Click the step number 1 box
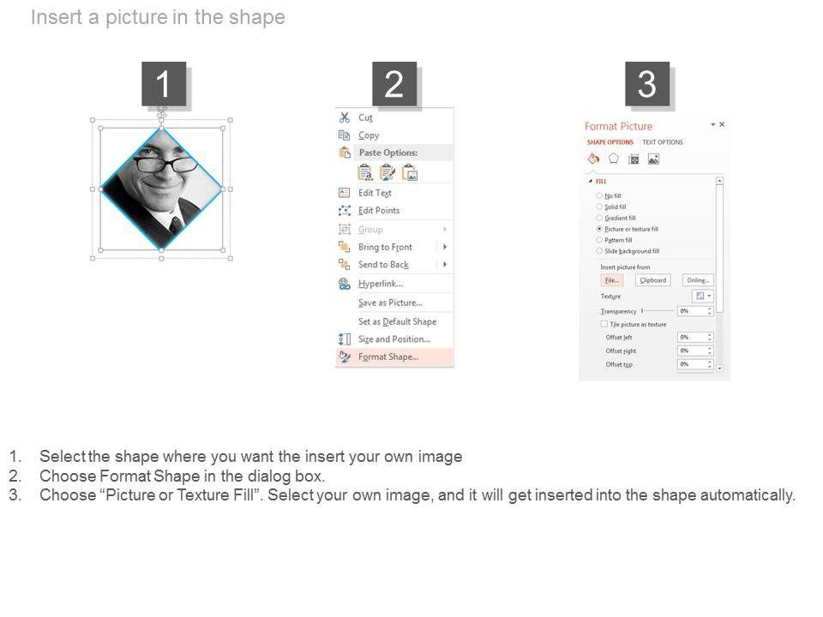point(163,84)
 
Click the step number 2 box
point(394,84)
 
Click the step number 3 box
point(647,84)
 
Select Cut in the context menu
point(365,117)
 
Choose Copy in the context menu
point(369,135)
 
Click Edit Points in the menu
point(379,211)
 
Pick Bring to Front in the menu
point(385,247)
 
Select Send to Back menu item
point(383,265)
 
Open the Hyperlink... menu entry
point(380,284)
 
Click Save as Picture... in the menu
point(390,303)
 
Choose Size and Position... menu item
point(393,339)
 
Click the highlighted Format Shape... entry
point(388,357)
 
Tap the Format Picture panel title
point(618,127)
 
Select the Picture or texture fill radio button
point(599,230)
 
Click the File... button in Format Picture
point(611,280)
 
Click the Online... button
point(698,280)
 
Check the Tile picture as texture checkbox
point(604,325)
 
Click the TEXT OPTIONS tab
point(663,142)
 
